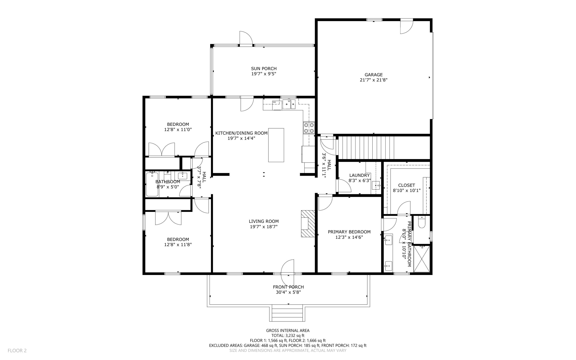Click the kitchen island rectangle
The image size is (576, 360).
[276, 145]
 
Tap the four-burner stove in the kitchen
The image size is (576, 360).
[309, 128]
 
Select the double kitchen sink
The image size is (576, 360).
[289, 104]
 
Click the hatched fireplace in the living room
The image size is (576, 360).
[308, 223]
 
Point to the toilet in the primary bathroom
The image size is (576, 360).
[422, 222]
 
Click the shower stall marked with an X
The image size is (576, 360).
[422, 259]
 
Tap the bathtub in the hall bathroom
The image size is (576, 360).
[152, 184]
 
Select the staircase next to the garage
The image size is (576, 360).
[366, 147]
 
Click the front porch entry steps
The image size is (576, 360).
[287, 313]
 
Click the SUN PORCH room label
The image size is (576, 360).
[264, 68]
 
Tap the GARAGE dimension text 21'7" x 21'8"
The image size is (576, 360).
[373, 80]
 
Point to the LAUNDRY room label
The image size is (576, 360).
[359, 175]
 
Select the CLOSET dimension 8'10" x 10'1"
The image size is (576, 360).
[406, 191]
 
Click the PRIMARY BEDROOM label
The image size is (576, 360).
[349, 232]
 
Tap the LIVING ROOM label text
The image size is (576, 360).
[264, 222]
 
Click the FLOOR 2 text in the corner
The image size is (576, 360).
[17, 350]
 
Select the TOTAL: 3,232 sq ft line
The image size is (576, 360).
[288, 336]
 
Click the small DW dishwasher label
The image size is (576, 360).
[274, 102]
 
